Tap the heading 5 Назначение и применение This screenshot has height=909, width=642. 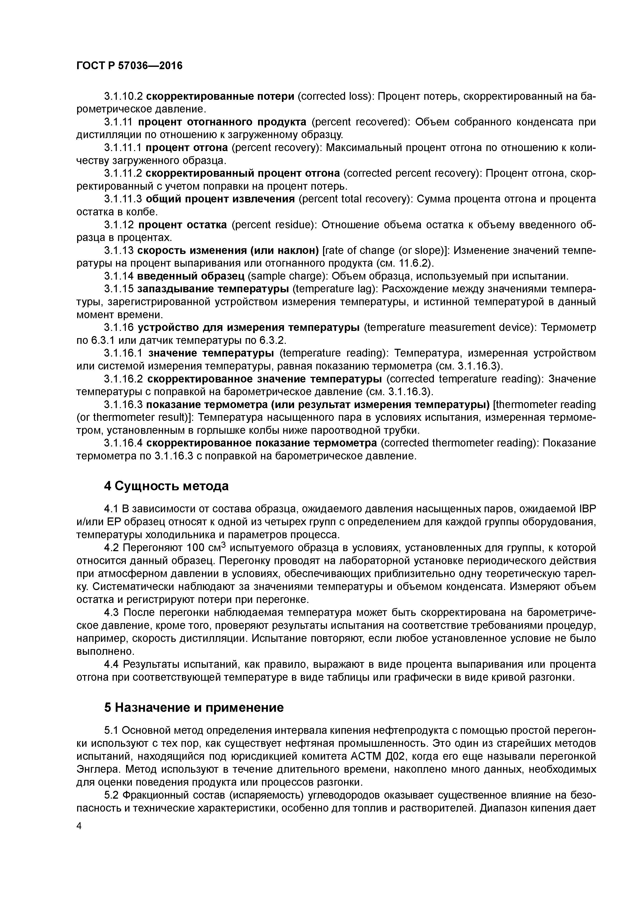point(194,707)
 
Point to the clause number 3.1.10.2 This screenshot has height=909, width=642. point(123,96)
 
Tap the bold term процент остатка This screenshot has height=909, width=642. point(182,225)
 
